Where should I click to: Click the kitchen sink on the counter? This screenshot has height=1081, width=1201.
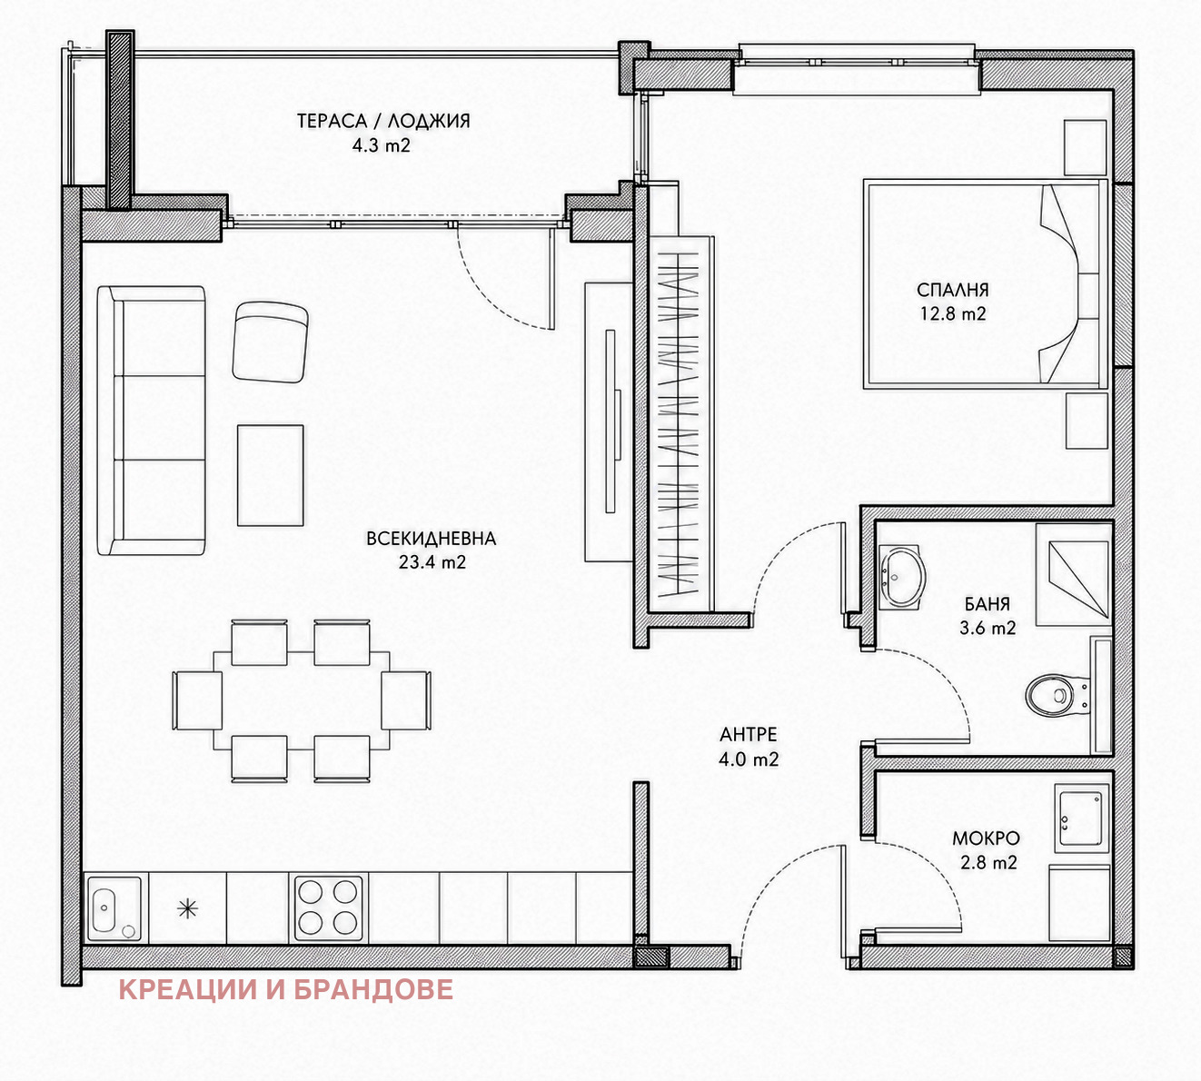(x=114, y=908)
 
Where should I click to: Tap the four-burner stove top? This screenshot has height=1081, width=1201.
(x=328, y=908)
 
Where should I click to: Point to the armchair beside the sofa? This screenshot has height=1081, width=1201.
(x=271, y=342)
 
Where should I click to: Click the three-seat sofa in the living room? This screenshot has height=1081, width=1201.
(x=152, y=421)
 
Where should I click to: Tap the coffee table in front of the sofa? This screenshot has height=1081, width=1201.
(x=271, y=475)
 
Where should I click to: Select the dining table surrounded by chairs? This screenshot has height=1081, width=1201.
(x=301, y=700)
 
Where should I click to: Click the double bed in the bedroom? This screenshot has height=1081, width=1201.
(x=985, y=283)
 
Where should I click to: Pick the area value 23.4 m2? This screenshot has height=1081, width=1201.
(x=432, y=562)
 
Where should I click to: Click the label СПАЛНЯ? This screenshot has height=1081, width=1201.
(x=953, y=290)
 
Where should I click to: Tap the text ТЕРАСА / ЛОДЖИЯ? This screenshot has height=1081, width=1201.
(x=383, y=121)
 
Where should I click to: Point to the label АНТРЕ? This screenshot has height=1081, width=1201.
(x=749, y=734)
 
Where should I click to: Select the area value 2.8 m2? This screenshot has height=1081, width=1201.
(x=988, y=862)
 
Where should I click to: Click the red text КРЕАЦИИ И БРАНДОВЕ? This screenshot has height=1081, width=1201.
(x=285, y=989)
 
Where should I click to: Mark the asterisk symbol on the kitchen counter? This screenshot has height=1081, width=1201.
(x=187, y=909)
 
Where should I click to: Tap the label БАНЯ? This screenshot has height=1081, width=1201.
(x=988, y=604)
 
